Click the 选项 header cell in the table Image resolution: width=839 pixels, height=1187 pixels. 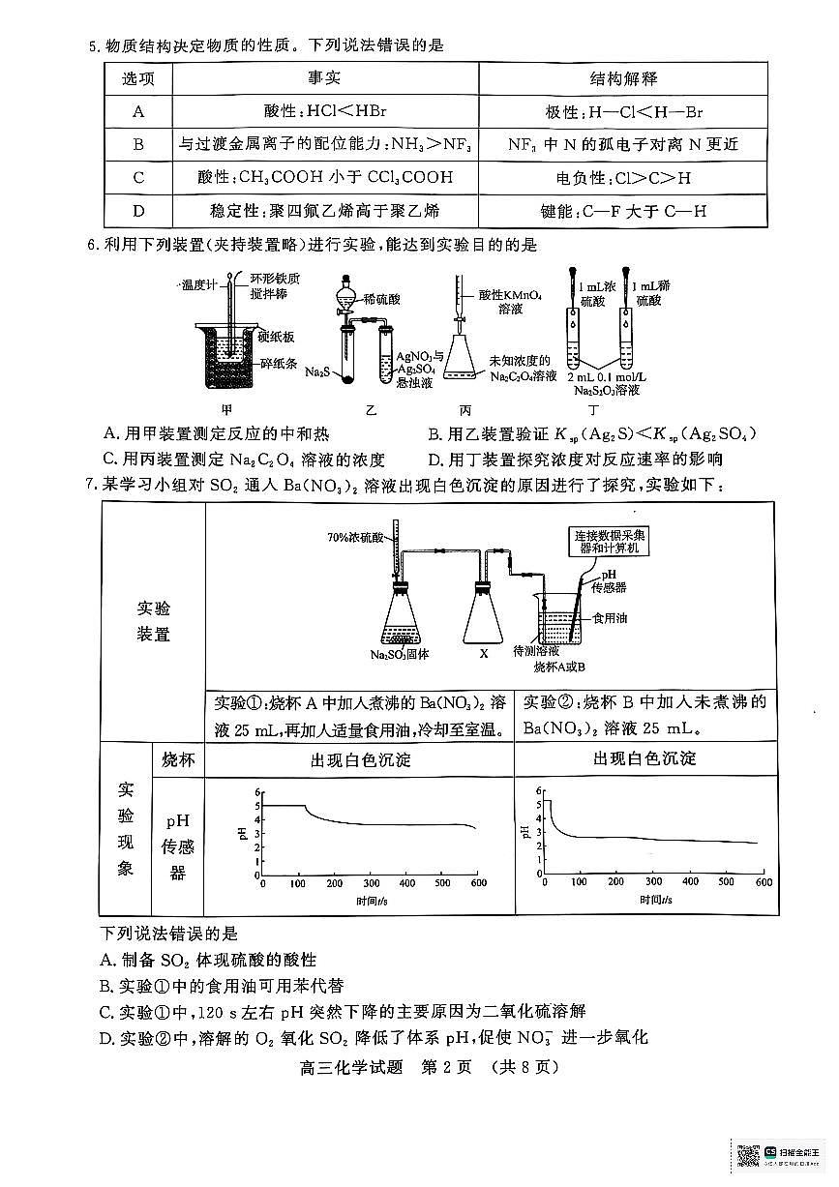pyautogui.click(x=137, y=78)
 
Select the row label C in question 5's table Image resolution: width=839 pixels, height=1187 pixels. pyautogui.click(x=138, y=177)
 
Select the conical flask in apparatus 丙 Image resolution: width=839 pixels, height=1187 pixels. pyautogui.click(x=464, y=363)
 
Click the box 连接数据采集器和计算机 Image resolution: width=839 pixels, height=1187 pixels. pyautogui.click(x=610, y=541)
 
